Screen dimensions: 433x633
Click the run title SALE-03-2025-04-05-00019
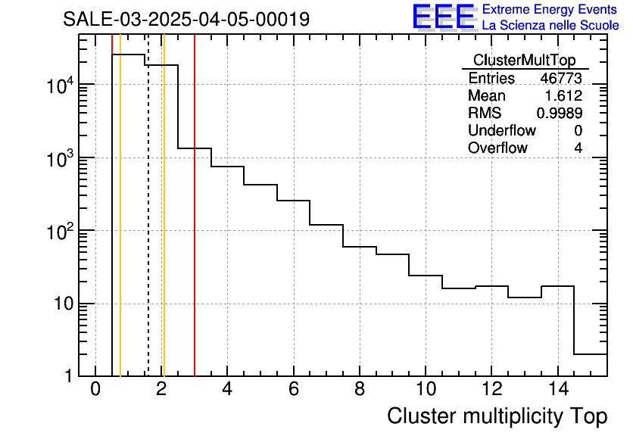point(186,19)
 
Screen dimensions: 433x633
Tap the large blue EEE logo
point(443,17)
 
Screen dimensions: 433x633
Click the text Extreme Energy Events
point(550,9)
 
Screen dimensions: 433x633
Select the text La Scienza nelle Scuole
point(550,26)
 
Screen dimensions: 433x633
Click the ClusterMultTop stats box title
point(524,61)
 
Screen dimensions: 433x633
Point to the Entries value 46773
point(561,79)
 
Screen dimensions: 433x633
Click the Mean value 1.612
point(563,96)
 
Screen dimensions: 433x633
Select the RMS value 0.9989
point(559,114)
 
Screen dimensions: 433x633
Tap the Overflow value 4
point(578,148)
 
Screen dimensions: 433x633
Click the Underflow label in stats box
point(497,131)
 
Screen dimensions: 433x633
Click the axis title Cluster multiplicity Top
point(497,416)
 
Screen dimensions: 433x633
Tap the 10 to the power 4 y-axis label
point(58,86)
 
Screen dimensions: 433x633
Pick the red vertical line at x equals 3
point(195,227)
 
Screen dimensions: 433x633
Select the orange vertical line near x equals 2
point(164,227)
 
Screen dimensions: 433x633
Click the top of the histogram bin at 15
point(591,354)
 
